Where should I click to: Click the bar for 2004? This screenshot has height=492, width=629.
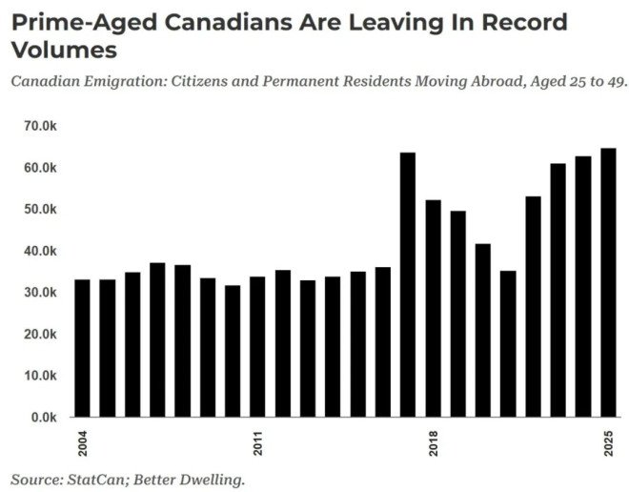(83, 348)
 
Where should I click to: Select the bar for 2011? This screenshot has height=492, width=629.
(257, 346)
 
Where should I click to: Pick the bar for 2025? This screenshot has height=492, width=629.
(607, 282)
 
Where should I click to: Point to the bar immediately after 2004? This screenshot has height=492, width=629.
(108, 348)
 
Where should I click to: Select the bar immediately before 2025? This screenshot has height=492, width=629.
(582, 286)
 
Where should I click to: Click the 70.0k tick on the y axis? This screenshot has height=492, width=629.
(42, 126)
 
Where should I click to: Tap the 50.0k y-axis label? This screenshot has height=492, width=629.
(42, 209)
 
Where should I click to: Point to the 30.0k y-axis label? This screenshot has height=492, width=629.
(42, 293)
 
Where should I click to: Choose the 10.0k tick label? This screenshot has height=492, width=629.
(42, 376)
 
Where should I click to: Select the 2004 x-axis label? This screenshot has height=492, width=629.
(83, 444)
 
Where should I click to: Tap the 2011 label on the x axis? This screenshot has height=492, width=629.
(257, 444)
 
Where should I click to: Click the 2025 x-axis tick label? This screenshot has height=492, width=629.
(607, 444)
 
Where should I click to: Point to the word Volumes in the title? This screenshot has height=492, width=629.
(65, 49)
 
